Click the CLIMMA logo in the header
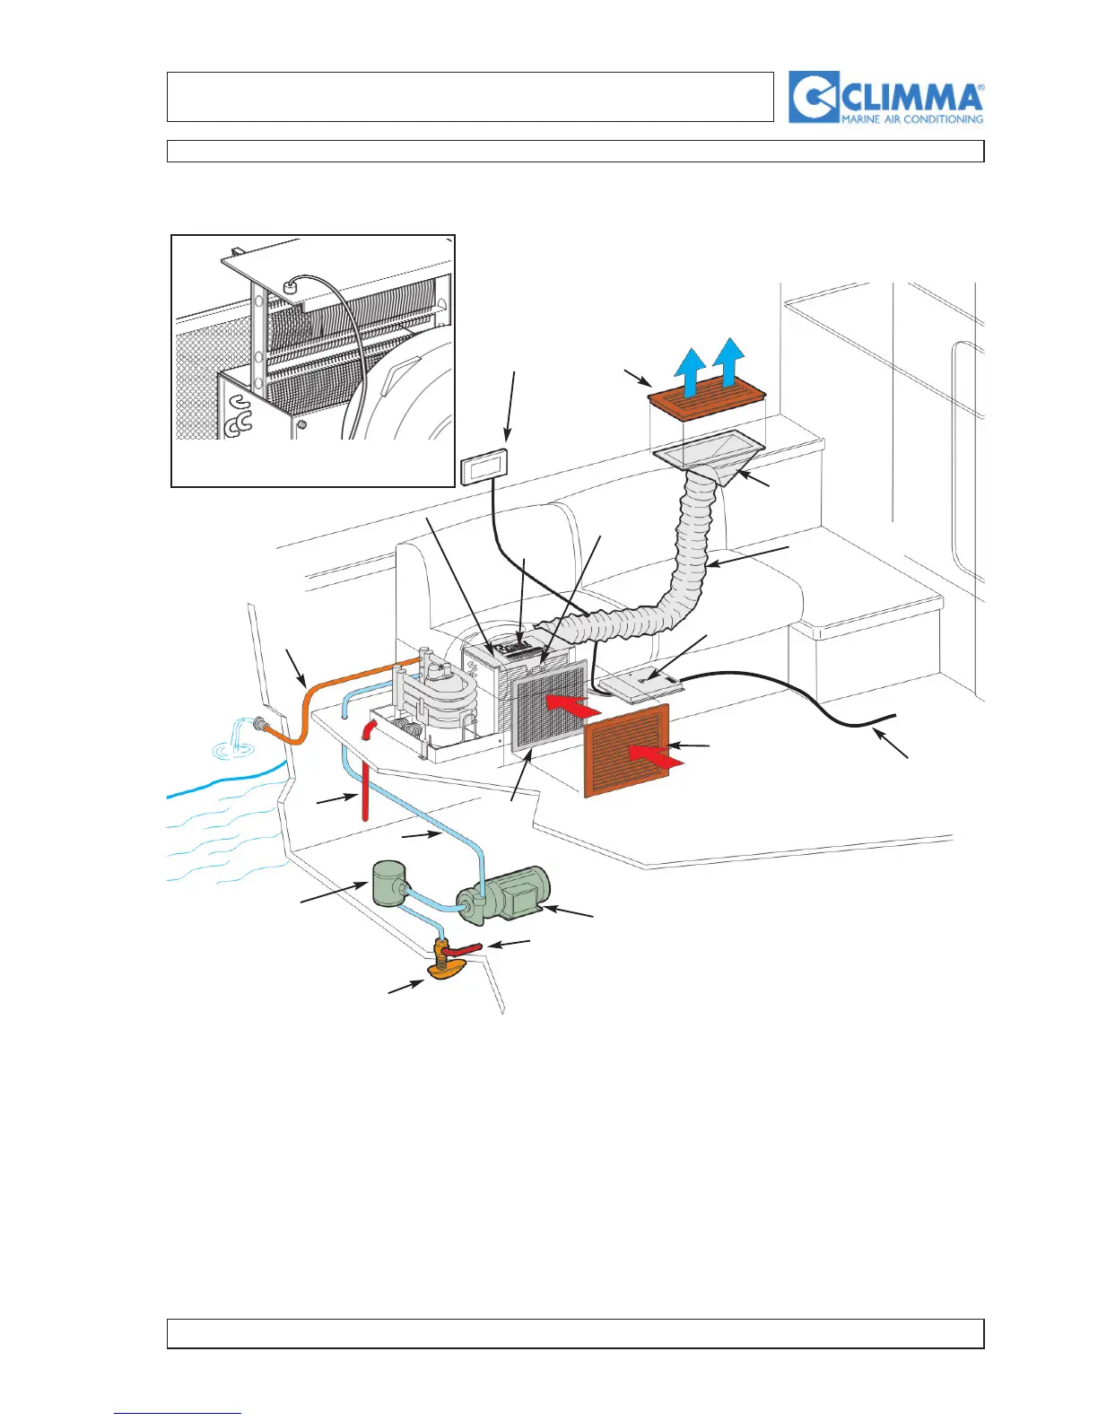point(885,97)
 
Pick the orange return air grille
point(627,750)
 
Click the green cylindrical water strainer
point(389,883)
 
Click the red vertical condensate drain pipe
point(365,789)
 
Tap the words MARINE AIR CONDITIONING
point(911,118)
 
